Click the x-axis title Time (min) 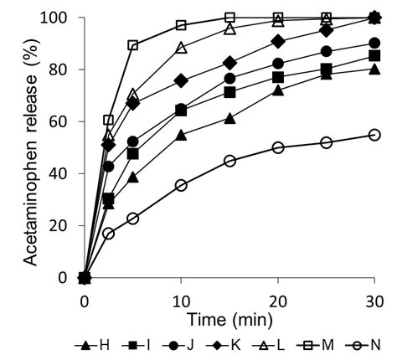point(229,319)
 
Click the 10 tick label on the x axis point(181,300)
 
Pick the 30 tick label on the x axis point(374,300)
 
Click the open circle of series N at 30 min point(374,135)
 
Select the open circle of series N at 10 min point(181,185)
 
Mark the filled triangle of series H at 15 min point(229,118)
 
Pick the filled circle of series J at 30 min point(374,43)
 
